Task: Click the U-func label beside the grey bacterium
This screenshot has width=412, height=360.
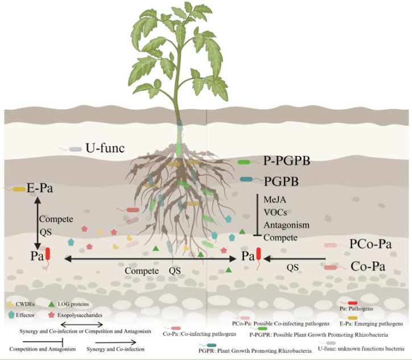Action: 105,148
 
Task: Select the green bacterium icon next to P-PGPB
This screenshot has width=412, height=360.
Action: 247,162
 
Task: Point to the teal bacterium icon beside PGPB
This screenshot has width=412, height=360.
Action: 247,180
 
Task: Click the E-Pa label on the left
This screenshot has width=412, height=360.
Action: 39,187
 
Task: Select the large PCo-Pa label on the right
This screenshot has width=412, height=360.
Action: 370,244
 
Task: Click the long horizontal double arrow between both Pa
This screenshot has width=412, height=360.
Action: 150,259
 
